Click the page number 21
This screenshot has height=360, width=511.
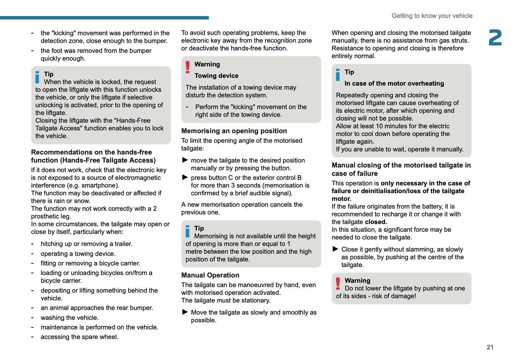tap(490, 347)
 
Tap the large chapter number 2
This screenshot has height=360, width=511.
tap(495, 38)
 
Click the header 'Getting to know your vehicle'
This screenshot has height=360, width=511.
tap(432, 16)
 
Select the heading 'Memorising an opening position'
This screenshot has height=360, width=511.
tap(234, 131)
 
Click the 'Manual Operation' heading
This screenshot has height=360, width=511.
tap(210, 275)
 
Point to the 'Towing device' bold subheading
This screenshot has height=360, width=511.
tap(216, 76)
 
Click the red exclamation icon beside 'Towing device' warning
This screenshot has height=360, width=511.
tap(188, 67)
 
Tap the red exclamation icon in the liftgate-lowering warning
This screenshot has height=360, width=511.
tap(338, 283)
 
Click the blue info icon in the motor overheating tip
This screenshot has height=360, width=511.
tap(338, 75)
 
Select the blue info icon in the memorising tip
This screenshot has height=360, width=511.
tap(188, 231)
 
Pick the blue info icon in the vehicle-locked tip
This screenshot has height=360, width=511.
tap(37, 77)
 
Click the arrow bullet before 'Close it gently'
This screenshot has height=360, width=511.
tap(335, 249)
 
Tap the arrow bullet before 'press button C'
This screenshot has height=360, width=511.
tap(185, 177)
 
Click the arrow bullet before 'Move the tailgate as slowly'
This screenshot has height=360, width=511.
tap(185, 312)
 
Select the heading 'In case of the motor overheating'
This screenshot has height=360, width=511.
tap(394, 83)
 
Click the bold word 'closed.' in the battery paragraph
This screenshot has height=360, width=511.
tap(376, 222)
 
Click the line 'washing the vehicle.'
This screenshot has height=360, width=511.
tap(70, 318)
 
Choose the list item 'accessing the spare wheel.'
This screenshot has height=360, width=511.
tap(79, 337)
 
